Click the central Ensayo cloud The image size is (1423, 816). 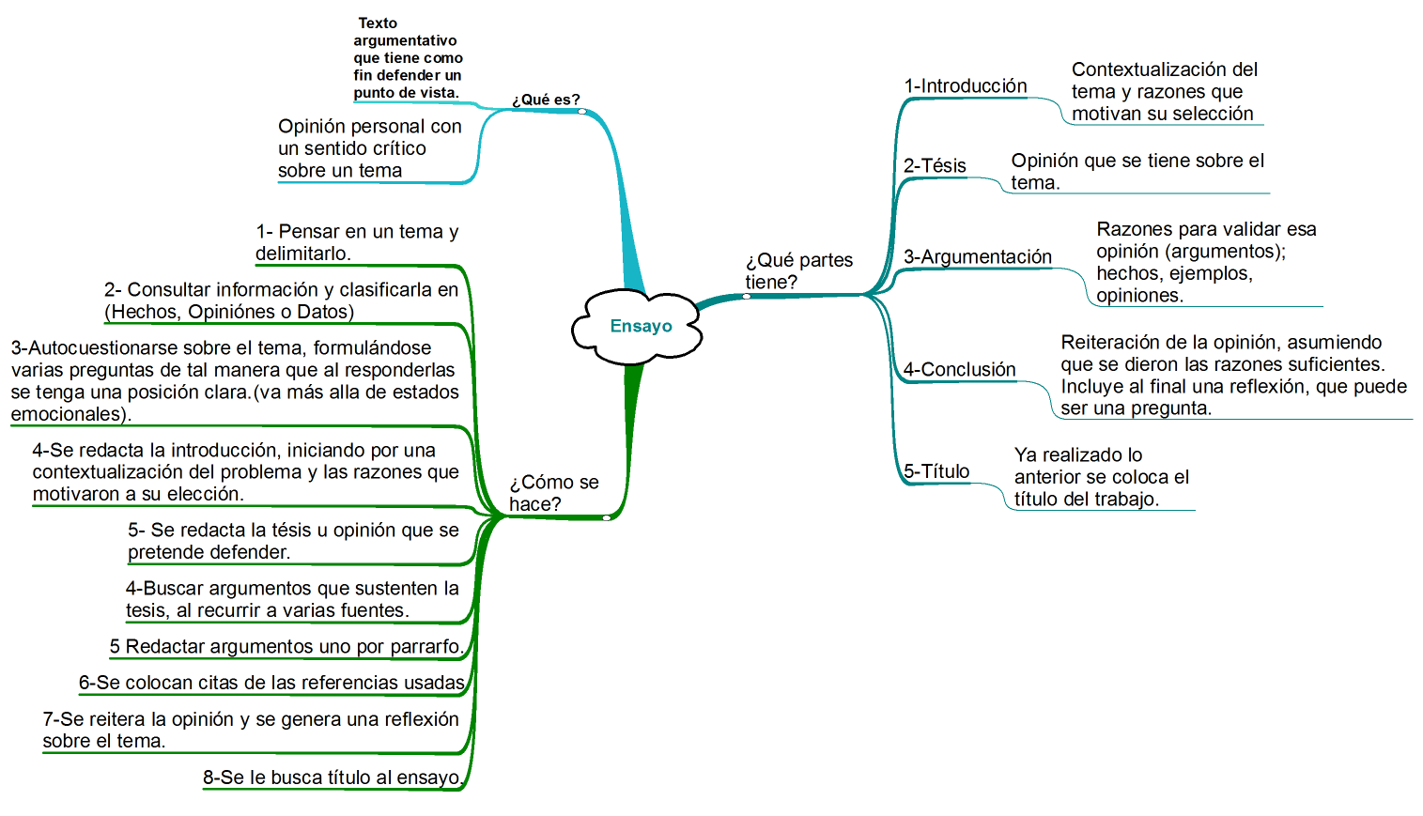tap(637, 327)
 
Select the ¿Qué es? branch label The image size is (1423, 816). tap(546, 100)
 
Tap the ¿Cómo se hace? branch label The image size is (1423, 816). tap(554, 493)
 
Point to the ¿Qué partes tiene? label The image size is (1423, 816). tap(799, 270)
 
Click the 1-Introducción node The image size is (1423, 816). tap(965, 85)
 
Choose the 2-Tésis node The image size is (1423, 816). tap(935, 166)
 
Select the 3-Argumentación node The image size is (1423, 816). tap(978, 256)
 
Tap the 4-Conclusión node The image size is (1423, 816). tap(959, 370)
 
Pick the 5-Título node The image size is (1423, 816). tap(936, 471)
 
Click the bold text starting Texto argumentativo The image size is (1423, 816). tap(408, 58)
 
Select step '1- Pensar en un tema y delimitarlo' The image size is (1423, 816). tap(357, 242)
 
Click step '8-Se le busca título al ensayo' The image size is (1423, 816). tap(333, 778)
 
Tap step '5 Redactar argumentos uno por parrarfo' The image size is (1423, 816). tap(286, 646)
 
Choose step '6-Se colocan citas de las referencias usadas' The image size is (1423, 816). tap(271, 683)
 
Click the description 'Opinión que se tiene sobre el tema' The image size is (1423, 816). tap(1137, 172)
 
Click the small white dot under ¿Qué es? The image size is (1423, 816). tap(582, 112)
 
